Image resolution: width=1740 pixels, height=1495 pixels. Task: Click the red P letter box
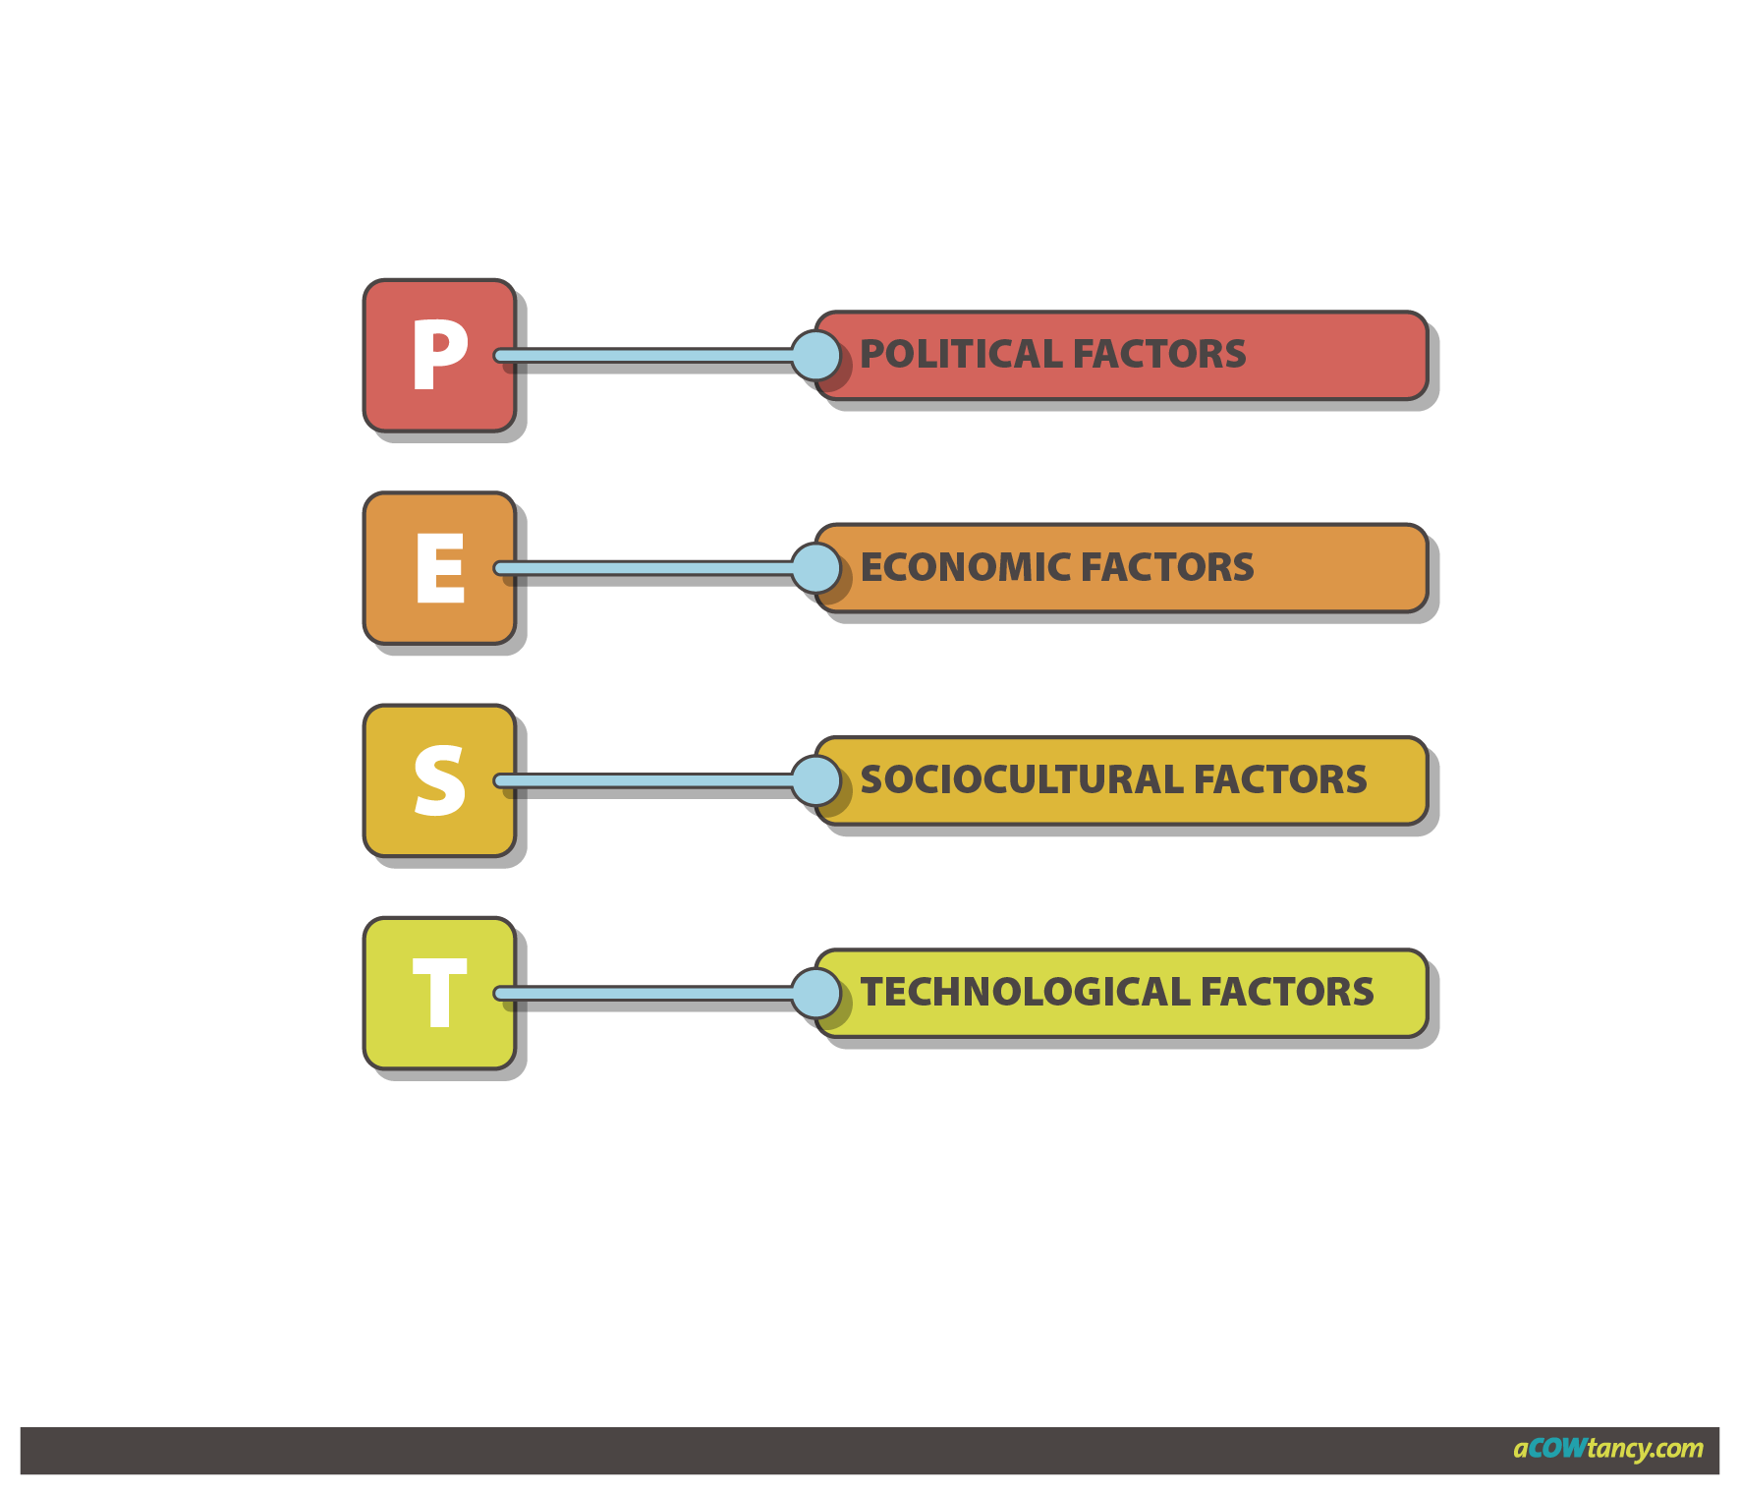pos(439,355)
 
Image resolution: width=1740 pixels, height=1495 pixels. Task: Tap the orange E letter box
pos(439,568)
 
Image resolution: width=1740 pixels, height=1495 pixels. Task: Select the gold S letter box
pos(439,780)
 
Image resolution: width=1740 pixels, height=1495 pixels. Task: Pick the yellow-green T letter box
pos(439,993)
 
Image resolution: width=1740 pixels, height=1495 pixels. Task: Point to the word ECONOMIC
pos(965,567)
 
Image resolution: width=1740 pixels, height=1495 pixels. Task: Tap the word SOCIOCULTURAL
pos(1021,779)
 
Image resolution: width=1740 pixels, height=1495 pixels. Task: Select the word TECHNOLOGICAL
pos(1025,992)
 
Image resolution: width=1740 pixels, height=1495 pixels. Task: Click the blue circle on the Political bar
pos(815,355)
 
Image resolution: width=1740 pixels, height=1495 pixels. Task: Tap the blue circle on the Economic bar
pos(815,568)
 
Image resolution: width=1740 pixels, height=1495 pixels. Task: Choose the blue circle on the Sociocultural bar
pos(815,780)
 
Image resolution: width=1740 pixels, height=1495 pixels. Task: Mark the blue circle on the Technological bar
pos(815,993)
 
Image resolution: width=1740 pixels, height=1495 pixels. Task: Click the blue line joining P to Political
pos(648,355)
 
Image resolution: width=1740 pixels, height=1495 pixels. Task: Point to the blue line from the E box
pos(648,568)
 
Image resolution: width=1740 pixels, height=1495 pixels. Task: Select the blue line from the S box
pos(648,780)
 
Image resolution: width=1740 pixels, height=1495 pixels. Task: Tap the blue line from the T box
pos(648,993)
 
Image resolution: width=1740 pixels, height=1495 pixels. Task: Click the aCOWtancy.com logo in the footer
pos(1607,1448)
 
